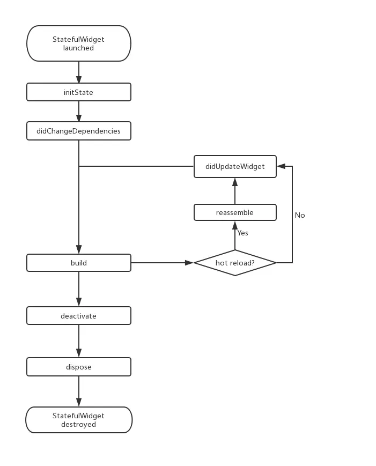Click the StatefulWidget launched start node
pos(79,43)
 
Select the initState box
pos(79,92)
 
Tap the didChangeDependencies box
pos(79,131)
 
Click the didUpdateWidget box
pos(235,166)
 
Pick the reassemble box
pos(235,212)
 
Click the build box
pos(79,263)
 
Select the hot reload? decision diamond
pos(235,263)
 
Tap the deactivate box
pos(79,316)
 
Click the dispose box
pos(79,367)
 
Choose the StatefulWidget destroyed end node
pos(79,420)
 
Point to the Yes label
pos(243,233)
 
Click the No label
pos(300,215)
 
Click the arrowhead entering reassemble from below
pos(235,225)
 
